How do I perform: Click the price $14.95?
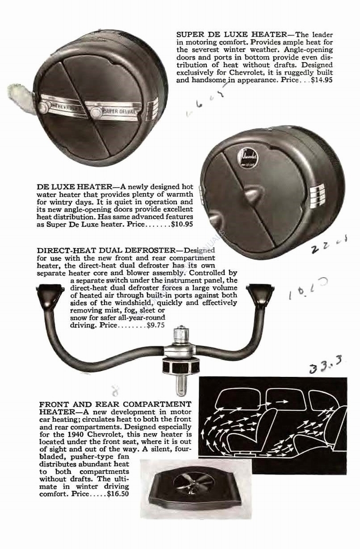click(x=320, y=80)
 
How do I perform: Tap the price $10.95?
click(x=182, y=225)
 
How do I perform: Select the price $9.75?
click(x=155, y=325)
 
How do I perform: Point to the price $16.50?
click(x=117, y=494)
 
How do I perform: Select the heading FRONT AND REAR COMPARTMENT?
click(x=115, y=403)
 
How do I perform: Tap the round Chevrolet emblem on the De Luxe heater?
click(x=247, y=157)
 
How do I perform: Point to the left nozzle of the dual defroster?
click(x=50, y=293)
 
